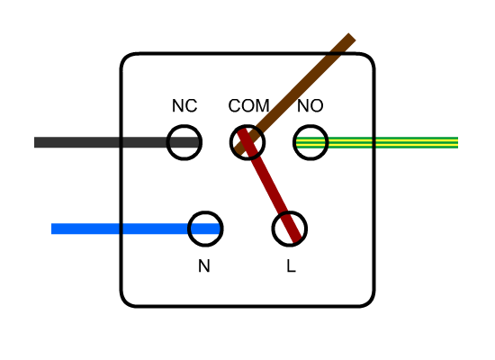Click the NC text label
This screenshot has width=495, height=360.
click(x=184, y=106)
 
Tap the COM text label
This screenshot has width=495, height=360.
click(x=248, y=106)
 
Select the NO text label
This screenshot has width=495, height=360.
click(x=310, y=106)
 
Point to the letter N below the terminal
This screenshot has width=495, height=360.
click(x=204, y=266)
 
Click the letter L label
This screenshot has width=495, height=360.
click(x=291, y=266)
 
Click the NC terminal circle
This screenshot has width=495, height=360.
click(x=184, y=142)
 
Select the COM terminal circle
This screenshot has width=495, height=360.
click(x=247, y=142)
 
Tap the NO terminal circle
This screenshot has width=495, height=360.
click(x=310, y=142)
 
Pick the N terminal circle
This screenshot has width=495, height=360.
click(x=205, y=229)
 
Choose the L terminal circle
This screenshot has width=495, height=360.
click(x=290, y=229)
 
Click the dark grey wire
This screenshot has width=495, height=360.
click(x=99, y=142)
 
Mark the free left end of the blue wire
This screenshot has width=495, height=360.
click(x=54, y=229)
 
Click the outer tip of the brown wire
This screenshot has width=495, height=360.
click(x=349, y=39)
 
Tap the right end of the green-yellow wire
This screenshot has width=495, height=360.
click(x=455, y=142)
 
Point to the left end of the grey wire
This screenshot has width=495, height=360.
click(x=37, y=142)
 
